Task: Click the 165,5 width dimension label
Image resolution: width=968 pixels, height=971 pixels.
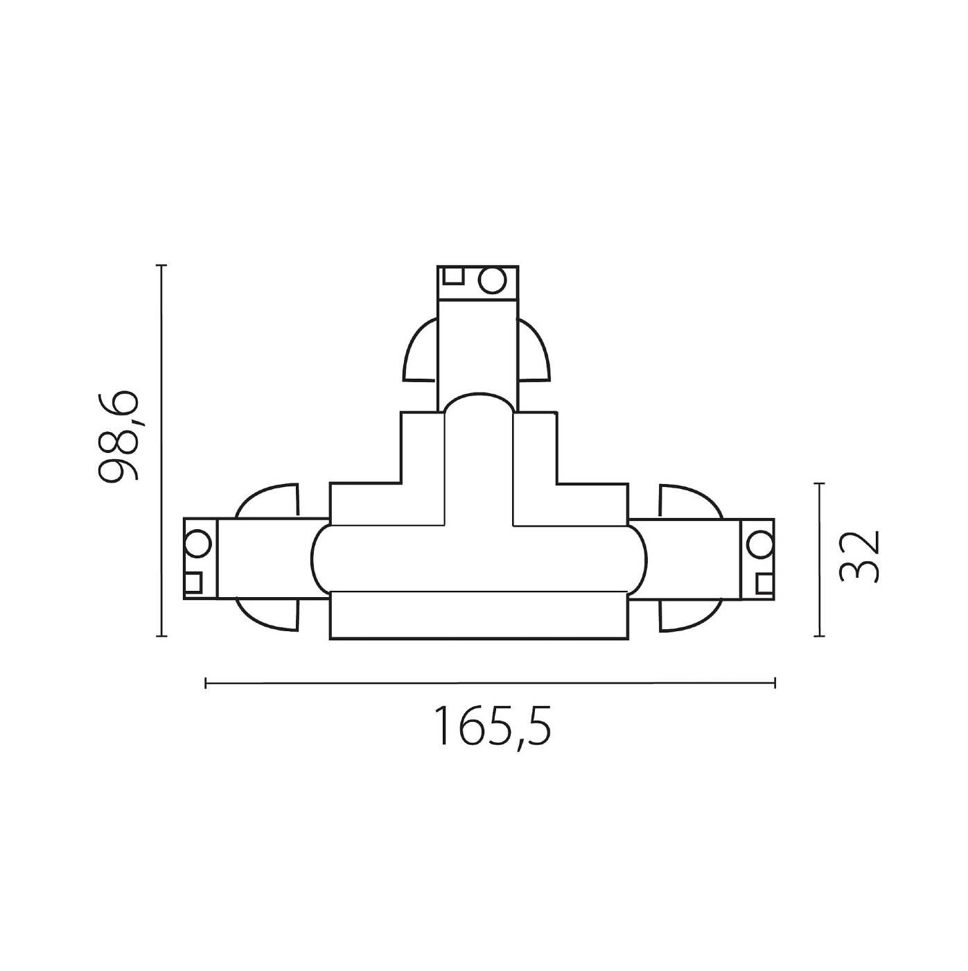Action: click(x=493, y=726)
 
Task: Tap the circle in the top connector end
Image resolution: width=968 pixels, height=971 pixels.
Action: click(x=493, y=281)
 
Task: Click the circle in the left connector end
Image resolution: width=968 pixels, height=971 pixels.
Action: click(x=197, y=542)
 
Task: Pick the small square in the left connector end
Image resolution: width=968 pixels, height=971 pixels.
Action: click(x=193, y=582)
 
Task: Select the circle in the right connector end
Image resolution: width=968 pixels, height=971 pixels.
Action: click(x=759, y=542)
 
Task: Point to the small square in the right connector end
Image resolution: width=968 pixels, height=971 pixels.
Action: click(x=764, y=583)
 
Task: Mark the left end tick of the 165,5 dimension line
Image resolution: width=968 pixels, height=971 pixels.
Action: click(x=206, y=684)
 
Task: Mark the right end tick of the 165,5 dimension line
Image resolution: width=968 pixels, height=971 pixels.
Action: click(x=775, y=684)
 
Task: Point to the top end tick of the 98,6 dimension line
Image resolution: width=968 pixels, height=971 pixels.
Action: click(x=161, y=266)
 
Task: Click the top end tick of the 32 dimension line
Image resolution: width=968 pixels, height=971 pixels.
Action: click(x=820, y=483)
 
